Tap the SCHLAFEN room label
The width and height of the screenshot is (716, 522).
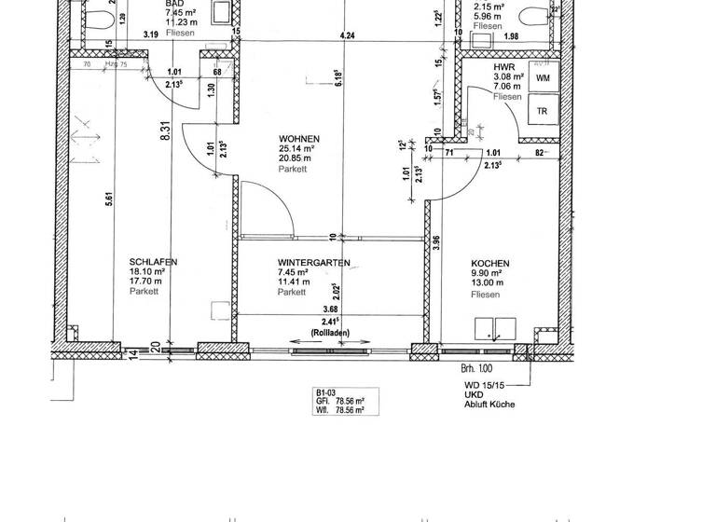click(153, 263)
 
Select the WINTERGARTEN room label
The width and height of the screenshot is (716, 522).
click(313, 264)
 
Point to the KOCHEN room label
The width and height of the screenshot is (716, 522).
click(489, 264)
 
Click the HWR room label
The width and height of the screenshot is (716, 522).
click(505, 68)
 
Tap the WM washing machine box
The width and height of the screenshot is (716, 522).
click(542, 79)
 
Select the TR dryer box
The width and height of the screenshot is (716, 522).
click(542, 111)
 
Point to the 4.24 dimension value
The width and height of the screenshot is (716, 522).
click(349, 36)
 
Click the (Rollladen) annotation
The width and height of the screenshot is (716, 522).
click(330, 332)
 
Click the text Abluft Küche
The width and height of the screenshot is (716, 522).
click(489, 405)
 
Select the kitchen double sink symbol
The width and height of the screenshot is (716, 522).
click(495, 328)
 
